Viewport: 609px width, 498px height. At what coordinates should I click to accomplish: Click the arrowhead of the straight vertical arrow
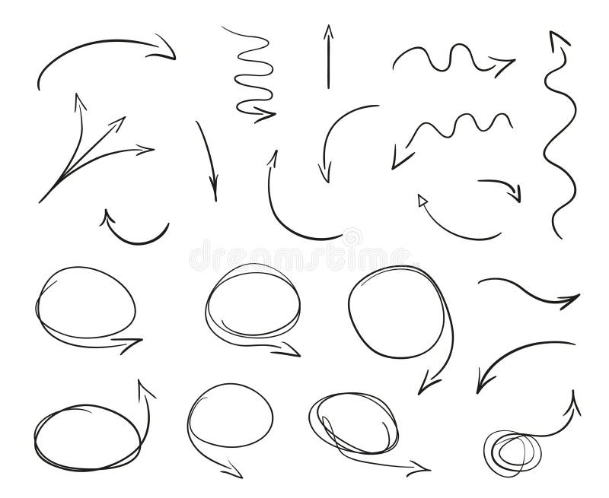tap(329, 31)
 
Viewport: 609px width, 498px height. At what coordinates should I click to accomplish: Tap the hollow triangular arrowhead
tap(422, 201)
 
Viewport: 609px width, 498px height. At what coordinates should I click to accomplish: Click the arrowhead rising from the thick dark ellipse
tap(142, 387)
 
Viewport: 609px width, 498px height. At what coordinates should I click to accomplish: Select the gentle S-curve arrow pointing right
tap(530, 293)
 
